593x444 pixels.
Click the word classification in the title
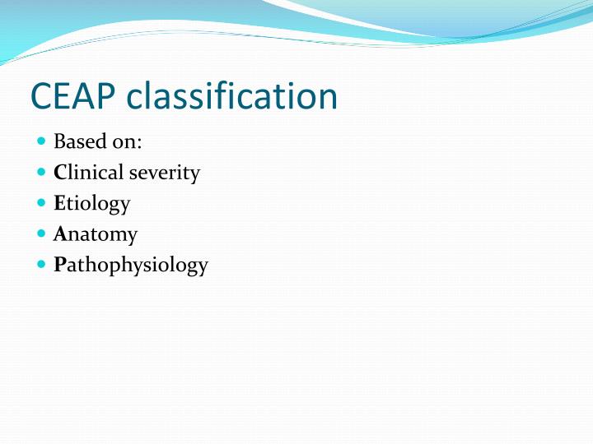pyautogui.click(x=232, y=97)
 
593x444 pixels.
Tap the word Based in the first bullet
pyautogui.click(x=75, y=142)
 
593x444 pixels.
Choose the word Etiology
pyautogui.click(x=91, y=204)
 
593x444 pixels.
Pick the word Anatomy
pyautogui.click(x=95, y=235)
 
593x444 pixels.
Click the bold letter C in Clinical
pyautogui.click(x=59, y=173)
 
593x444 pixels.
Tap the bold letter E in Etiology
pyautogui.click(x=58, y=203)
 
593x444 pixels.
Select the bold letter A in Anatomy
pyautogui.click(x=59, y=234)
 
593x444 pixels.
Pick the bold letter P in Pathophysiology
pyautogui.click(x=58, y=265)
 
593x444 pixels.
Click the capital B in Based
pyautogui.click(x=59, y=142)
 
